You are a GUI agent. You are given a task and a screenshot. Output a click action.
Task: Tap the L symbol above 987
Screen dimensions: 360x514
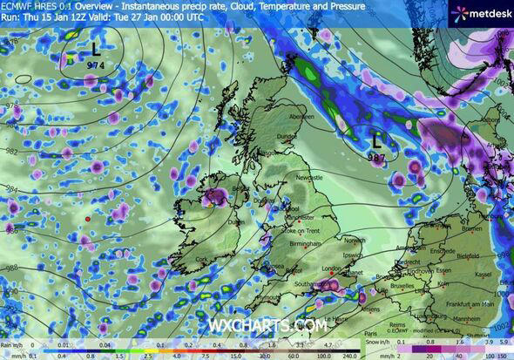[x=376, y=139]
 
